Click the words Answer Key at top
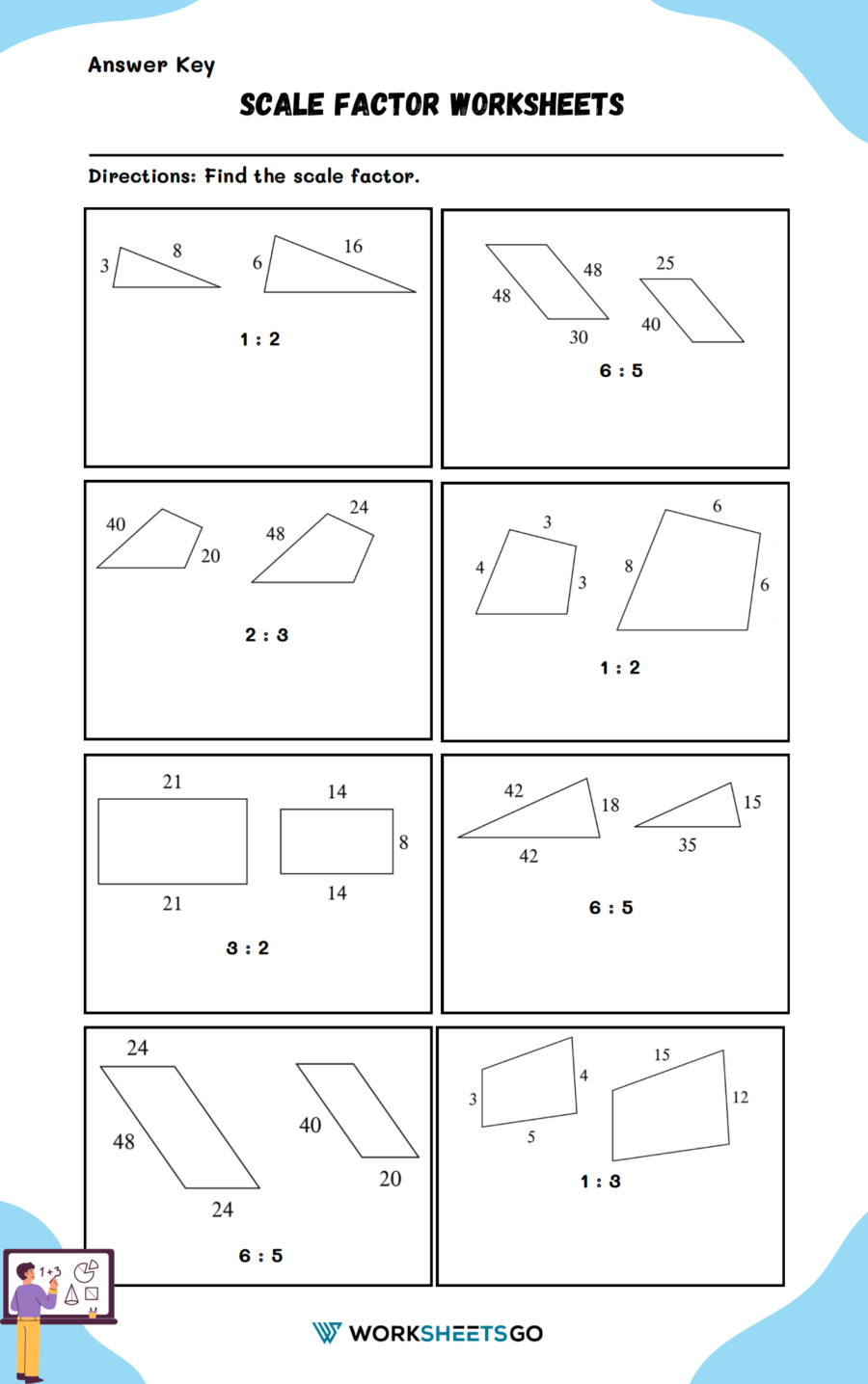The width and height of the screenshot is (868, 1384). [x=151, y=66]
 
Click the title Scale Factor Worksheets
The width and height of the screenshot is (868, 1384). [x=432, y=105]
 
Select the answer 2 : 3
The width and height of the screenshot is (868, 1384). [x=266, y=635]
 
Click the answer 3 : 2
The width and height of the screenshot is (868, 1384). [x=248, y=948]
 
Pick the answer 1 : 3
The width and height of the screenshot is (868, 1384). [x=600, y=1182]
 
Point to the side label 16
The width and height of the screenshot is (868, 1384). [x=353, y=247]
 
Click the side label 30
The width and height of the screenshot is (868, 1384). [x=578, y=337]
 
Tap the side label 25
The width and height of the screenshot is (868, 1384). [x=665, y=263]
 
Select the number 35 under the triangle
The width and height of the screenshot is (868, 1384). [x=687, y=845]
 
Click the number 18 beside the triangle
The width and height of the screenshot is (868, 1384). [x=610, y=805]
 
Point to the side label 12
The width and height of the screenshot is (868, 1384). [x=740, y=1098]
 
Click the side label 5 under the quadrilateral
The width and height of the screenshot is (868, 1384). [x=530, y=1137]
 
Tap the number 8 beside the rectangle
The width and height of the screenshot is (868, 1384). [x=403, y=842]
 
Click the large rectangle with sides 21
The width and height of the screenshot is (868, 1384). [x=173, y=841]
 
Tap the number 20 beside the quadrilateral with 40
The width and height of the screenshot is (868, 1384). [x=210, y=556]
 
